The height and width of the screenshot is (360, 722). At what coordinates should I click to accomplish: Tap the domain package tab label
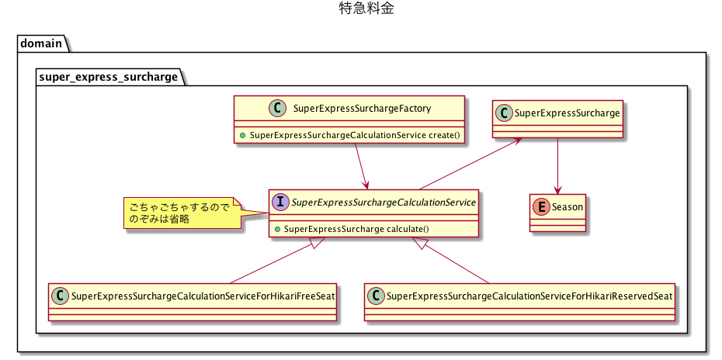(41, 43)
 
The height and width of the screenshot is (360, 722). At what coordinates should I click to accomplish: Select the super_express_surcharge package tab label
(108, 77)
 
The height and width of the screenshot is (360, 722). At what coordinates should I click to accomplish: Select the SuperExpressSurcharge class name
(568, 112)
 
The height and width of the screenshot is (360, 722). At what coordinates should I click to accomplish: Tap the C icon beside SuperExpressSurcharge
(505, 112)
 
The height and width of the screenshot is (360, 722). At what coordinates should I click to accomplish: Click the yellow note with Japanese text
(180, 213)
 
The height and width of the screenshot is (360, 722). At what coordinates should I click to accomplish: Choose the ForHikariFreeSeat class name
(202, 296)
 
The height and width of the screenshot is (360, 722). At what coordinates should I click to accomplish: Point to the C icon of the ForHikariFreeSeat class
(60, 296)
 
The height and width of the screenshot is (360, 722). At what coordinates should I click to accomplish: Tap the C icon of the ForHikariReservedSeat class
(376, 296)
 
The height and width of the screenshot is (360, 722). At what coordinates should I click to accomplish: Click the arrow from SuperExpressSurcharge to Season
(557, 166)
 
